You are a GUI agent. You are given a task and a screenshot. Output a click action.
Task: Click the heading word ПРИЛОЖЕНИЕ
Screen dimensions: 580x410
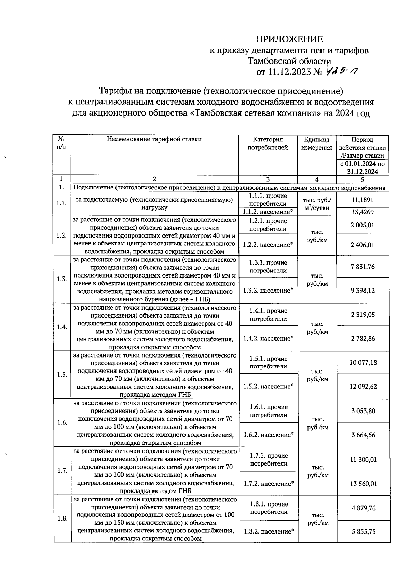coord(289,39)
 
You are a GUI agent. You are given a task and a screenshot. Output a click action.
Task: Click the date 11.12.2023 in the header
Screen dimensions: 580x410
coord(289,72)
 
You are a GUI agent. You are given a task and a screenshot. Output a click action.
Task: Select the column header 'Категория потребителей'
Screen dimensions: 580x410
coord(268,144)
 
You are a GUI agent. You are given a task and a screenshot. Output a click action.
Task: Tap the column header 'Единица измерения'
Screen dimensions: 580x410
coord(317,144)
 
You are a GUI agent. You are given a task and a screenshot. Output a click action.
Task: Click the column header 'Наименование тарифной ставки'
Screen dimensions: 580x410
coord(154,139)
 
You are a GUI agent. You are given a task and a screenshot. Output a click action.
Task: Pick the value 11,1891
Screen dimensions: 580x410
coord(362,200)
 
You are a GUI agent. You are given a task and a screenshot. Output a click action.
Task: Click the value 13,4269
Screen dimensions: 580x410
coord(362,212)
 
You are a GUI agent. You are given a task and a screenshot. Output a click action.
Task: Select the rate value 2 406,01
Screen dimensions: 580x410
coord(362,245)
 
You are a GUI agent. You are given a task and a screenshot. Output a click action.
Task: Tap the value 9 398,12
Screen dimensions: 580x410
coord(362,291)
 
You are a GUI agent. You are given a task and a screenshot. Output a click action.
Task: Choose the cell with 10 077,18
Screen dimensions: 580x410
coord(363,362)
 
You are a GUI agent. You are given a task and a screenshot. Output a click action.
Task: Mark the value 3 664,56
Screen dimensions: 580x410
coord(363,435)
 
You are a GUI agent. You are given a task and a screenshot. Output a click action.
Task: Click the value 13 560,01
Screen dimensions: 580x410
coord(363,484)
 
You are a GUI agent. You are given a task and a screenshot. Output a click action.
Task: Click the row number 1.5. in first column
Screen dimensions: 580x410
coord(62,374)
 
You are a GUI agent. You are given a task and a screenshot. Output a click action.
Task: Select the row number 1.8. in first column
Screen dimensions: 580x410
coord(62,518)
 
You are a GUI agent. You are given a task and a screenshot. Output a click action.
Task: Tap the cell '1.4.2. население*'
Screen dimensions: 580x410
coord(268,339)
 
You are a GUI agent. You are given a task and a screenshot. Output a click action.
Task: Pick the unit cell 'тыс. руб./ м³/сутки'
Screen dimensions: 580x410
coord(317,204)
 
